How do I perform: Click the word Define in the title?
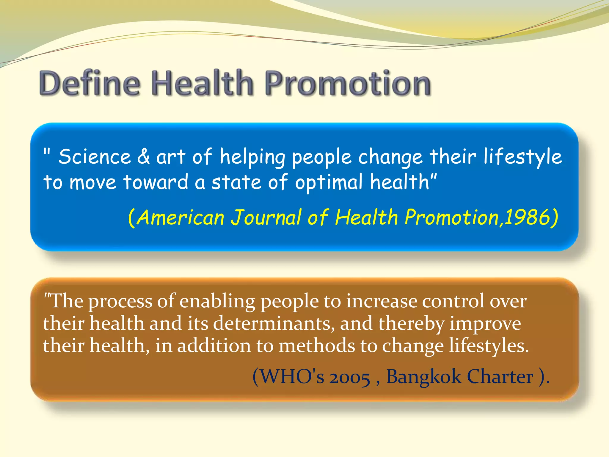click(89, 83)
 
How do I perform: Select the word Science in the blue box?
click(95, 157)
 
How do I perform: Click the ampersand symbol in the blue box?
click(143, 157)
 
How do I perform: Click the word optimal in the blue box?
click(329, 182)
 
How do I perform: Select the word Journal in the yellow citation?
click(266, 217)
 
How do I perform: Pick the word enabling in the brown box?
click(217, 301)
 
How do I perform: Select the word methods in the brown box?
click(317, 346)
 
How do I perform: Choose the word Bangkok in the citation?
click(423, 377)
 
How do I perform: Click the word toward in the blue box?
click(156, 182)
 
